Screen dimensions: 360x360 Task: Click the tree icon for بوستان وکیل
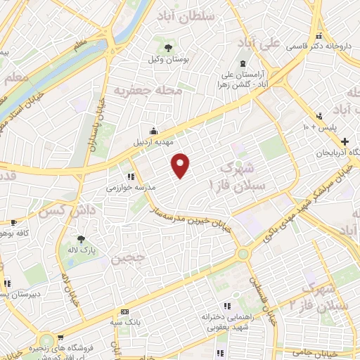(168, 47)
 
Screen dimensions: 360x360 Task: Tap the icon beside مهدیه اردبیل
(153, 131)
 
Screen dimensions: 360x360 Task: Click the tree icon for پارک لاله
(82, 239)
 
